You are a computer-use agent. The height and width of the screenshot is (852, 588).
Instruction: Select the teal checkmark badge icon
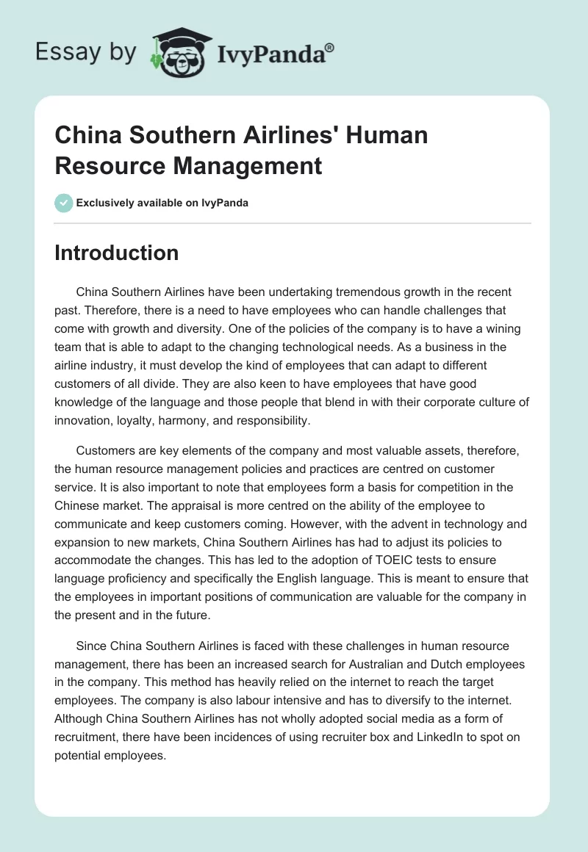pos(64,203)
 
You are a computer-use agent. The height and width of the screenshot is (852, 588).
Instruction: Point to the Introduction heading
pos(117,253)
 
